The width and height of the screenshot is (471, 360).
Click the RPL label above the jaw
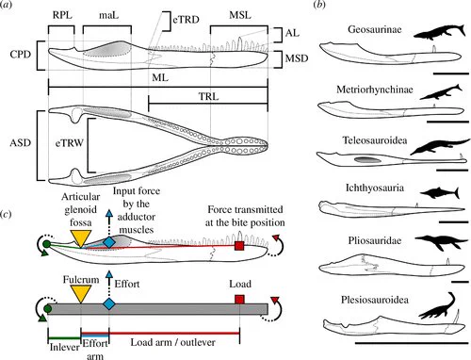pos(62,15)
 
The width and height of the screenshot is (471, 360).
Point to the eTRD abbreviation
pos(186,20)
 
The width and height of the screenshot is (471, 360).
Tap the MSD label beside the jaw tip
pos(297,58)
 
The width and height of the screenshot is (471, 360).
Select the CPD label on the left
pos(21,55)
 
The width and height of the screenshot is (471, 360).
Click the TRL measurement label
pos(208,96)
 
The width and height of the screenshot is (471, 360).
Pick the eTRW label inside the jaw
pos(70,143)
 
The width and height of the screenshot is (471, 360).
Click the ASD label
pos(21,143)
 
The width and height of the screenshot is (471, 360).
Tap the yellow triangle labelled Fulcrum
pos(81,294)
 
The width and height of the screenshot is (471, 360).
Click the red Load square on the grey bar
pos(239,300)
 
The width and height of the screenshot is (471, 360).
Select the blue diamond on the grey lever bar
pos(109,304)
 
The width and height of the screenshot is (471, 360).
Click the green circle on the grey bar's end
pos(47,309)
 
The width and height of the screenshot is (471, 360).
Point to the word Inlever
pos(65,347)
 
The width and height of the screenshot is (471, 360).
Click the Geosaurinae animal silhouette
pos(439,32)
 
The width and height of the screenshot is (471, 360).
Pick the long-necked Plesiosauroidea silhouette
pos(437,307)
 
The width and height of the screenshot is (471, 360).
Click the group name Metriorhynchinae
pos(375,90)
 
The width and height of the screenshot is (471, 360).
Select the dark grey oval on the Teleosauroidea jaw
pos(367,159)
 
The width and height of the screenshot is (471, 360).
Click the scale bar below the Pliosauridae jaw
pos(462,282)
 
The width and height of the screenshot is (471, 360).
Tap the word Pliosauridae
pos(375,240)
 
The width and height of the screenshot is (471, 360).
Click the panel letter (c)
pos(6,214)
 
